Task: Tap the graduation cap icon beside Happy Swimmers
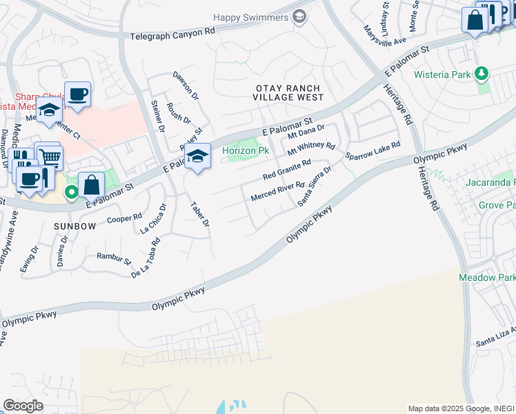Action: (x=299, y=17)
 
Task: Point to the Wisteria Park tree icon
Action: (x=482, y=74)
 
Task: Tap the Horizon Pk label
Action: (x=245, y=150)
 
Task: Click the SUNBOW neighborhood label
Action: (x=72, y=226)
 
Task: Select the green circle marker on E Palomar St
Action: (x=70, y=193)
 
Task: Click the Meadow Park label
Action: (x=487, y=277)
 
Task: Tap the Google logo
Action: (x=23, y=405)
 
